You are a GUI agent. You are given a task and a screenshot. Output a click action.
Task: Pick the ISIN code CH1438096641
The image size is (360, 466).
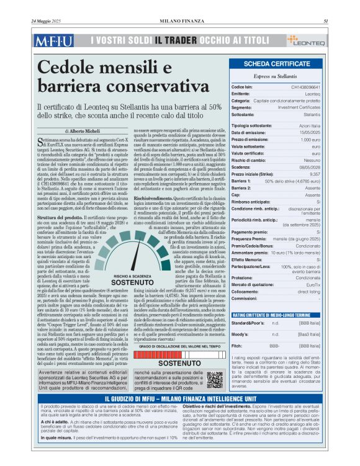(307, 87)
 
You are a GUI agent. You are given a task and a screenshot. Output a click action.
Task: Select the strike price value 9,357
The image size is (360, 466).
(315, 175)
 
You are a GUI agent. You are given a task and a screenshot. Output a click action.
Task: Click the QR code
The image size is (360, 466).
(215, 379)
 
